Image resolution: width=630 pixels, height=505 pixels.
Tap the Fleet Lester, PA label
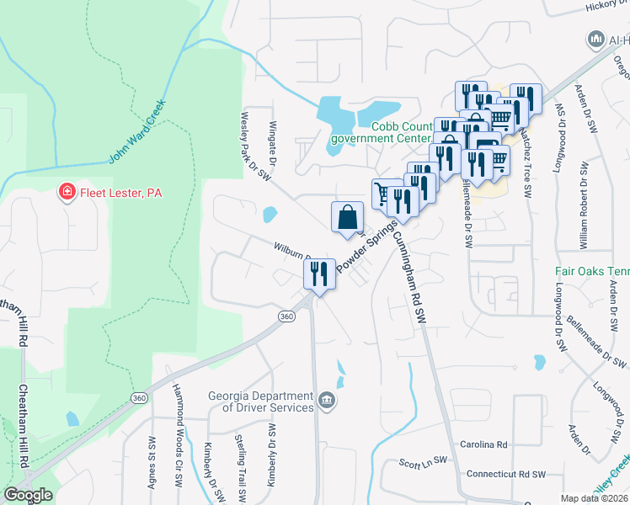[120, 193]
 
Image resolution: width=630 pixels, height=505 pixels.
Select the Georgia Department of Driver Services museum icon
[327, 400]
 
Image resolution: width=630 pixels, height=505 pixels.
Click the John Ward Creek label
[138, 132]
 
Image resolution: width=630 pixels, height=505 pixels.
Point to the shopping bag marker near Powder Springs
[346, 218]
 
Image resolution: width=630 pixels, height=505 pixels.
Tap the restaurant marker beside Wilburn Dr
[318, 274]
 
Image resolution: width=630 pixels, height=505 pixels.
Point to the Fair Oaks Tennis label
[591, 272]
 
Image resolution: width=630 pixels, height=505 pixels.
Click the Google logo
[28, 495]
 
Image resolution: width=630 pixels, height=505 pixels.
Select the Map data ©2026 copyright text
[594, 498]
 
